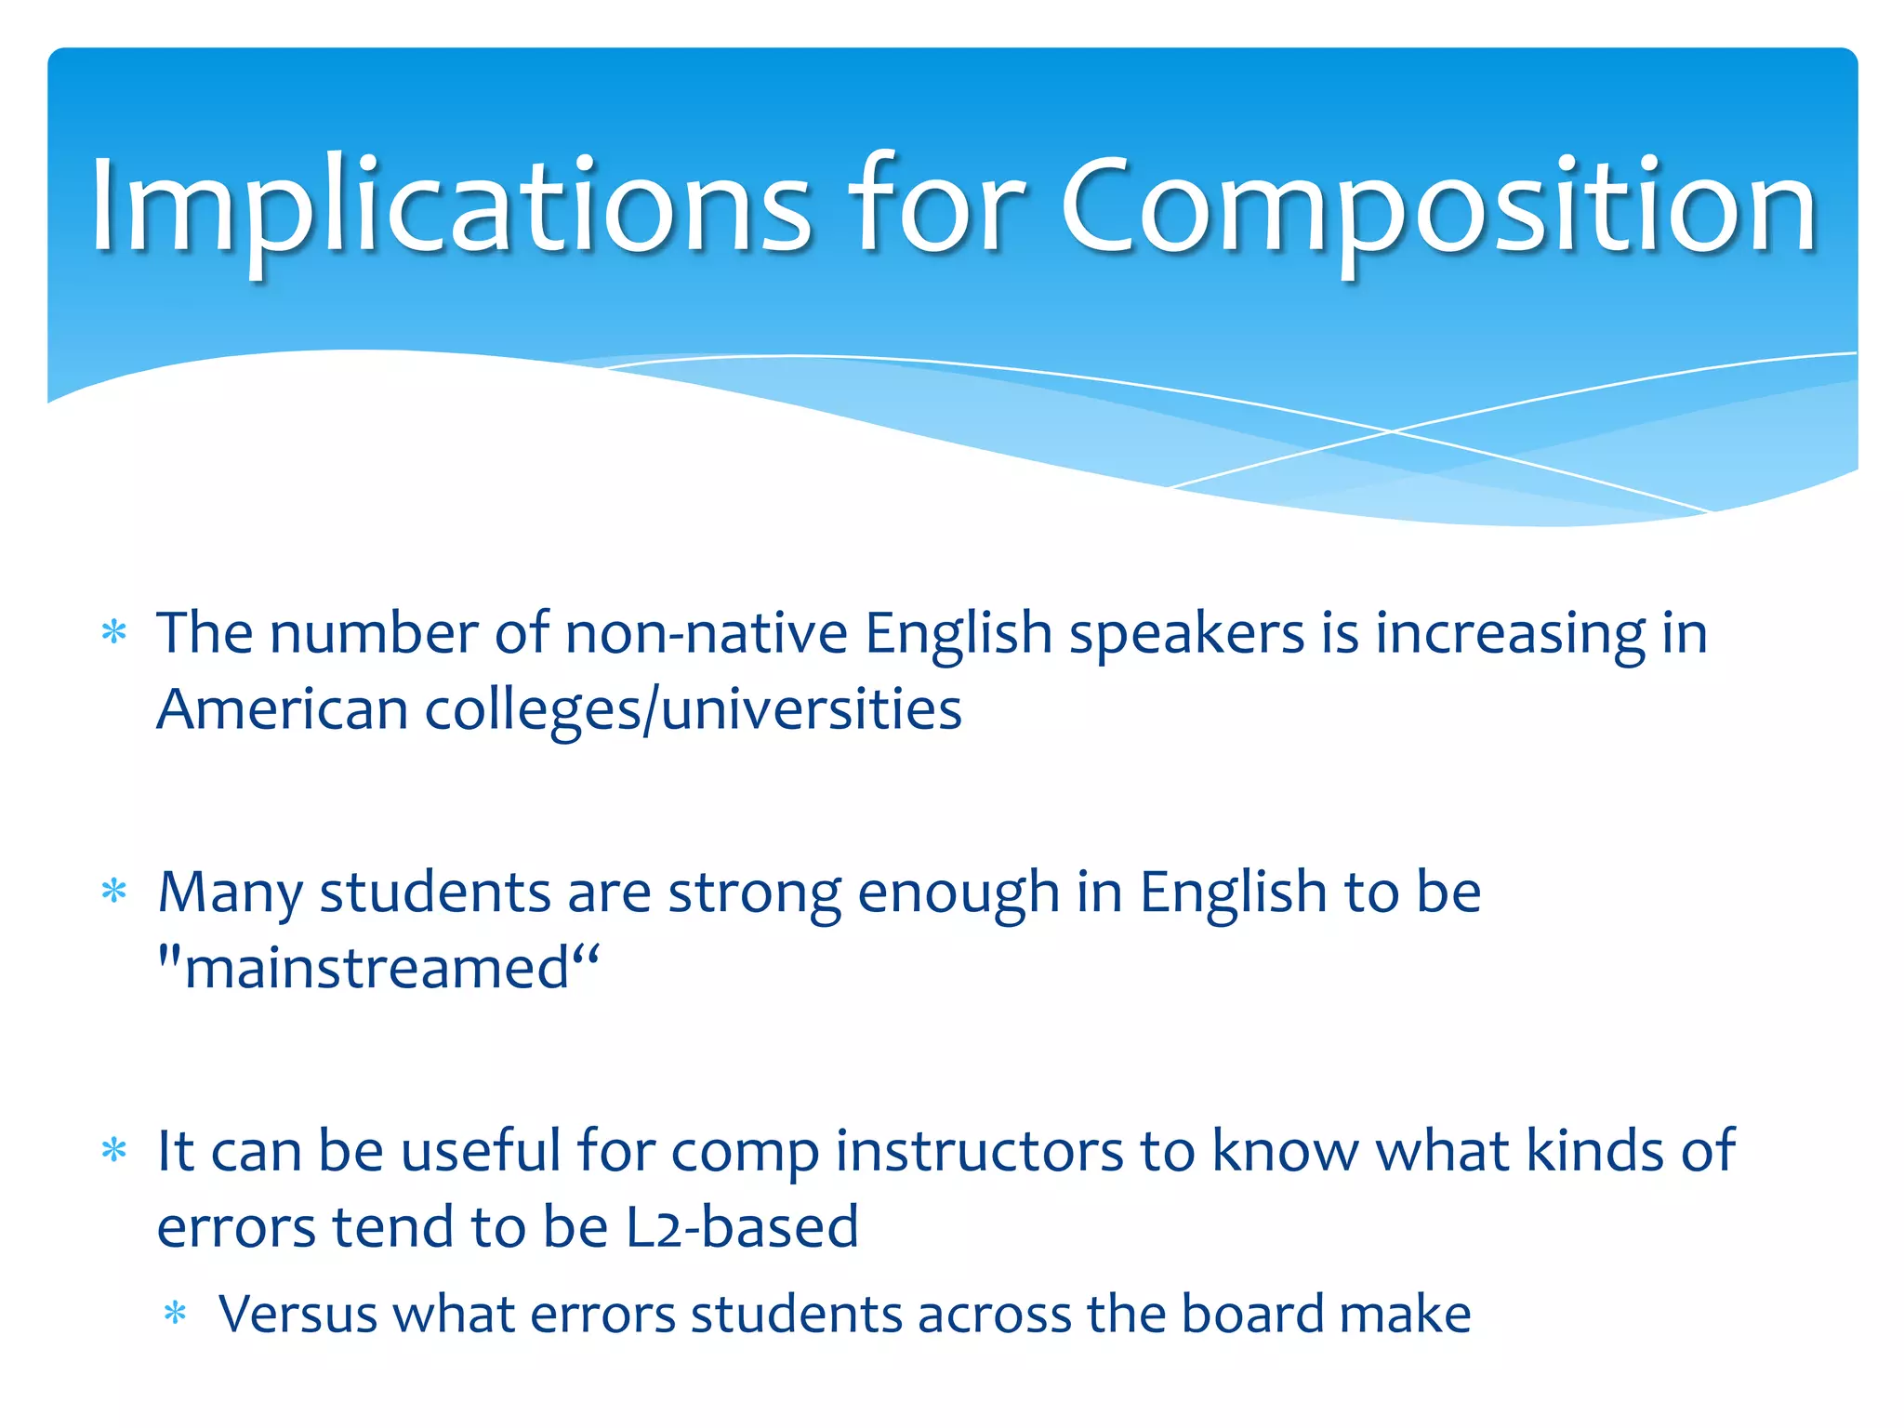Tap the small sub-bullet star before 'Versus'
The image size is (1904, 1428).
point(175,1315)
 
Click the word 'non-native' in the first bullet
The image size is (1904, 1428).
point(706,634)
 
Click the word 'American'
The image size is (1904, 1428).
point(282,710)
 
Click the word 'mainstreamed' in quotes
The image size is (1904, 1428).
point(377,969)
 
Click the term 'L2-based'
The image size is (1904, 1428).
point(741,1227)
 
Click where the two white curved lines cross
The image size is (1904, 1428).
point(1392,431)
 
